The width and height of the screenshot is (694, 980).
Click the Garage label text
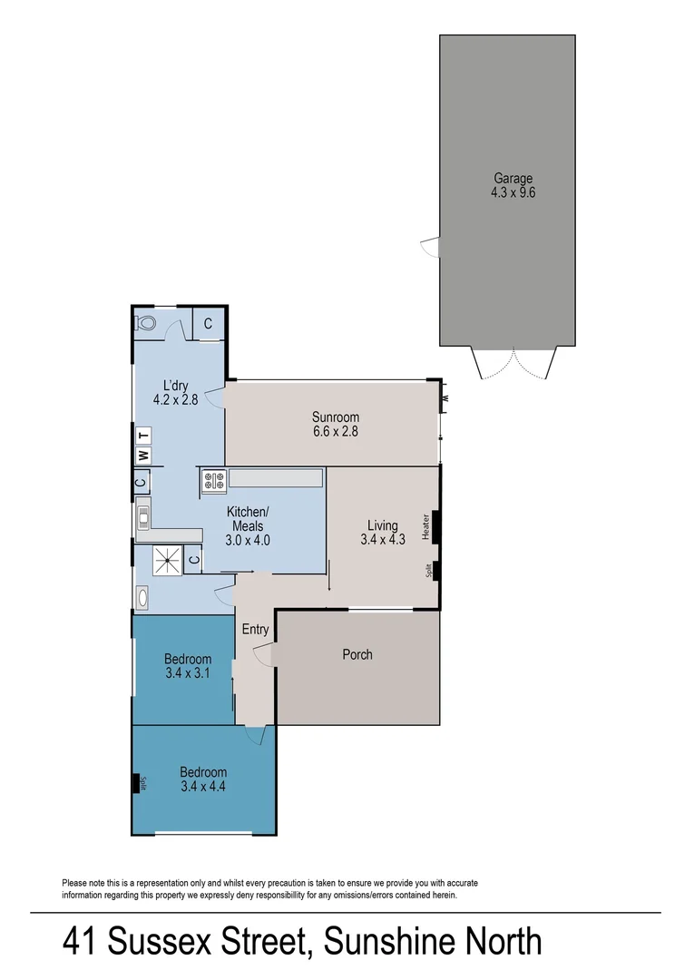(513, 179)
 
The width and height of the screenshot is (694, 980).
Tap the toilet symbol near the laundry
(147, 322)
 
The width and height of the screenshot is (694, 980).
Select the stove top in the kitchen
(213, 481)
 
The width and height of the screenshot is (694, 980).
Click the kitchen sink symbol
(143, 518)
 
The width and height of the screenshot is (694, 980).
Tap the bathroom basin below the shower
(143, 597)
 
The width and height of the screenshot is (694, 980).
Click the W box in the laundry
(142, 455)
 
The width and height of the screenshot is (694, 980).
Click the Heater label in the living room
(425, 526)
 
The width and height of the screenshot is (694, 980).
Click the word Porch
(357, 654)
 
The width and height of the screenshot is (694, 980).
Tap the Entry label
(255, 630)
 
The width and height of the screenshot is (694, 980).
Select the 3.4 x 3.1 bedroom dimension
(188, 673)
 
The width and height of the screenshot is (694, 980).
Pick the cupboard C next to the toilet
(208, 324)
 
